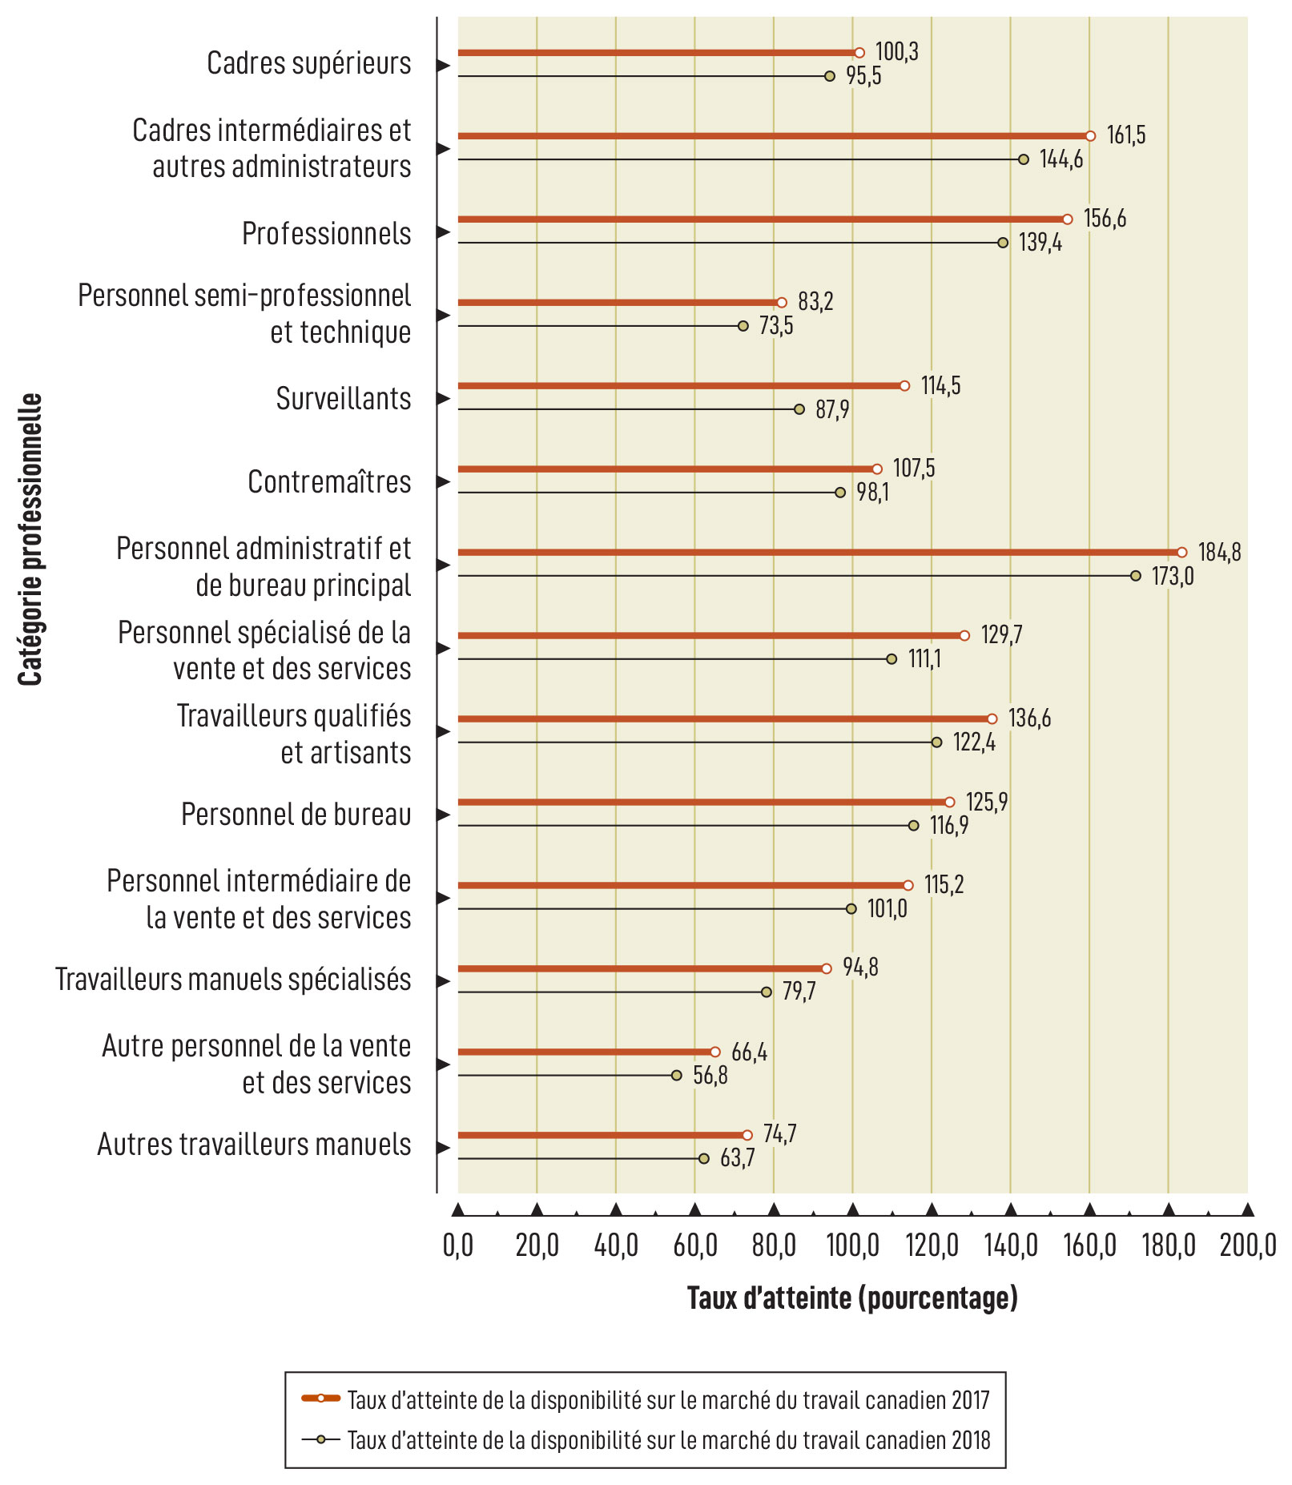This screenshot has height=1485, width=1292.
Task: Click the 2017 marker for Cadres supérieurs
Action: (x=859, y=53)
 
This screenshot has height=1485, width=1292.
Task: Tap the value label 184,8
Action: (x=1219, y=552)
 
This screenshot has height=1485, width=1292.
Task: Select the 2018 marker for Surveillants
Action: (x=799, y=409)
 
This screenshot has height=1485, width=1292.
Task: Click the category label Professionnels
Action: (x=326, y=234)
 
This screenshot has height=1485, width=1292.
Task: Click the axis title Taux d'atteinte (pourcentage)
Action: (x=852, y=1298)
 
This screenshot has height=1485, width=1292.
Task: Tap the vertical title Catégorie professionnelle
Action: (x=30, y=539)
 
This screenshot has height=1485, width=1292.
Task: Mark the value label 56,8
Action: (x=710, y=1075)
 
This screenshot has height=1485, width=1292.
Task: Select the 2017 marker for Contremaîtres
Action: (x=877, y=469)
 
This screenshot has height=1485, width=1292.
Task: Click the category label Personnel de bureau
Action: (x=296, y=815)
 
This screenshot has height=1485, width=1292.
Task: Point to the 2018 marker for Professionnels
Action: (x=1003, y=243)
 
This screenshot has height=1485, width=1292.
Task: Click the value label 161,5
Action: (x=1126, y=135)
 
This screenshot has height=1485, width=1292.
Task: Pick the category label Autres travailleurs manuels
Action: (x=254, y=1145)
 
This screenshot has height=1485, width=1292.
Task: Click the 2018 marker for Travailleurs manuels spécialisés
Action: (x=767, y=992)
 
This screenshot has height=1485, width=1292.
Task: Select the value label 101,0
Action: (x=887, y=909)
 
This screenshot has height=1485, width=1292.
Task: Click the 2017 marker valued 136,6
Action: (x=992, y=719)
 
